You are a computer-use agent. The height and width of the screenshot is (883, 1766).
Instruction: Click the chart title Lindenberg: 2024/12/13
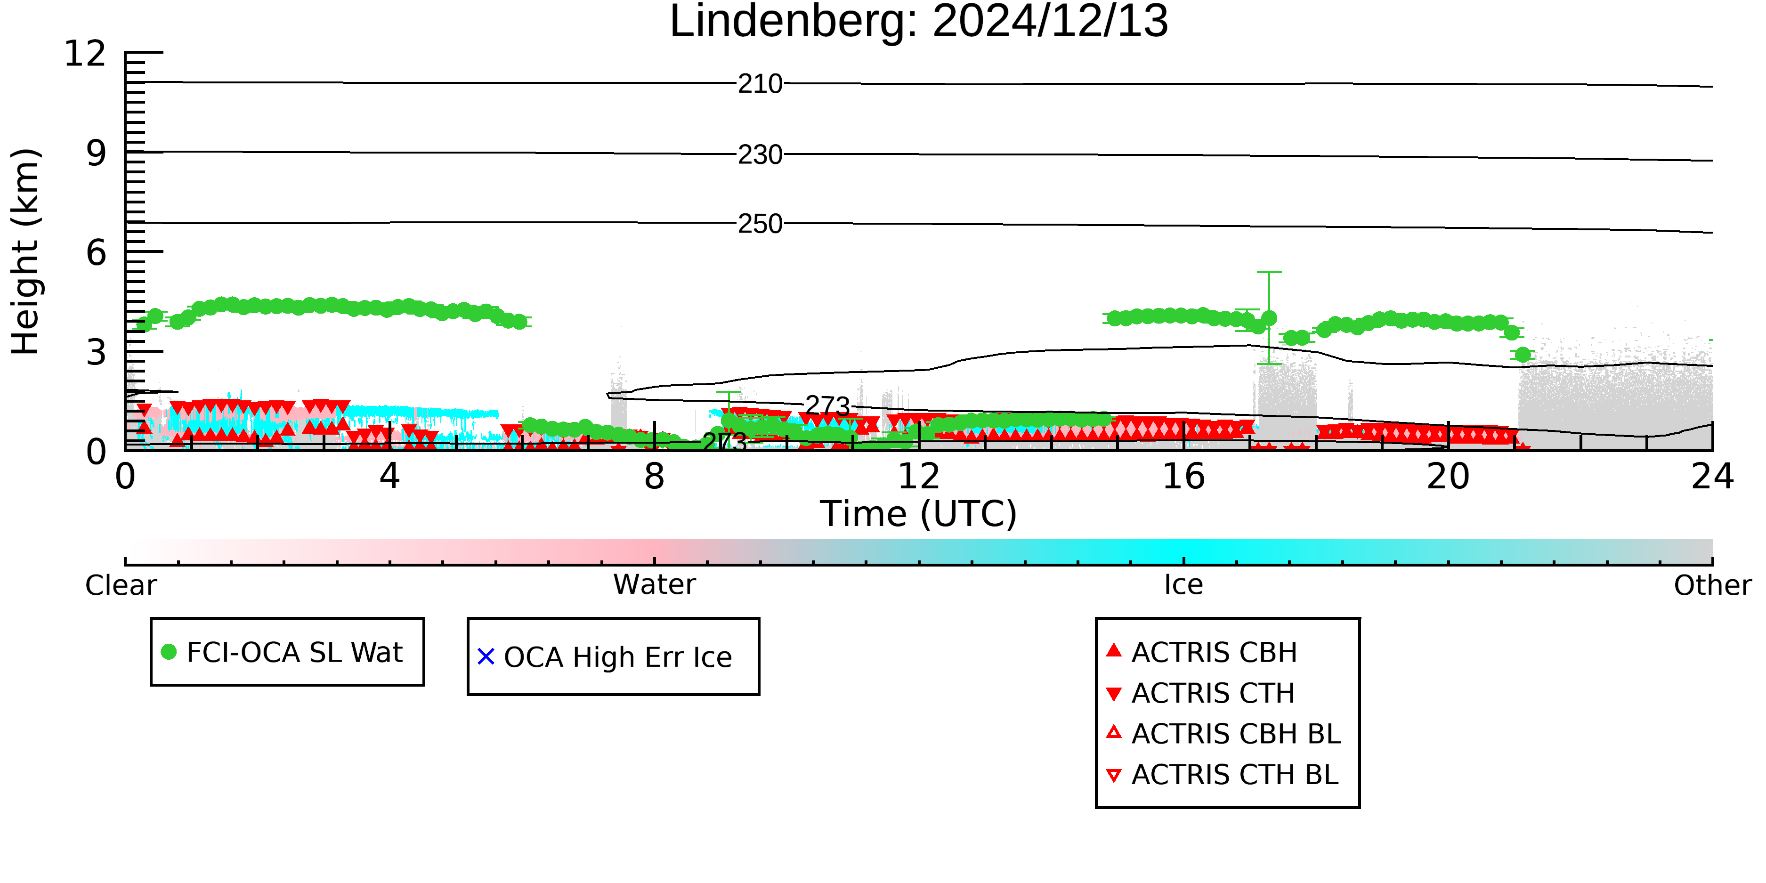tap(919, 22)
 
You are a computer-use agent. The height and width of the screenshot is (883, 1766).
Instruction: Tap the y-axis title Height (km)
tap(25, 251)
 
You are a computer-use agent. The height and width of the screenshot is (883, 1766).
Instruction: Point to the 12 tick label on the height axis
tap(85, 54)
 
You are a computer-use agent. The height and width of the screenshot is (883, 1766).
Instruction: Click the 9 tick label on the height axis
tap(96, 154)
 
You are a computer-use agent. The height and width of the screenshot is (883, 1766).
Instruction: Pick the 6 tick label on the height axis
tap(96, 253)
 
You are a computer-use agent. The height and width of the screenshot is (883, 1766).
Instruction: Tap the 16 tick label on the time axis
tap(1183, 477)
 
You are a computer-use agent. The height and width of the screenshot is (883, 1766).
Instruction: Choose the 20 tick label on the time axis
tap(1448, 477)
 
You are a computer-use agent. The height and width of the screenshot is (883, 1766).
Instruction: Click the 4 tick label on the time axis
tap(389, 477)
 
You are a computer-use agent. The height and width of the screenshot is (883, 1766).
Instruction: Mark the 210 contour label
tap(760, 84)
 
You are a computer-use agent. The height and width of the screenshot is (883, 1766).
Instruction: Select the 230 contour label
tap(760, 155)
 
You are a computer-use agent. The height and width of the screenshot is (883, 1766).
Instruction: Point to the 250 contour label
tap(760, 224)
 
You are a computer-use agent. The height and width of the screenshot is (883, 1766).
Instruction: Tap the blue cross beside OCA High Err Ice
tap(486, 657)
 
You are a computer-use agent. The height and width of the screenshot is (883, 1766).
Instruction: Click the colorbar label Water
tap(654, 585)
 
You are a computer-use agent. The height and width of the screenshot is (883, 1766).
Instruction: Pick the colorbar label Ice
tap(1183, 585)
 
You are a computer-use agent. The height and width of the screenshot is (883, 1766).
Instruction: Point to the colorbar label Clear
tap(121, 585)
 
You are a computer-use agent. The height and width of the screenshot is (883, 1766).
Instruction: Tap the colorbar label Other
tap(1712, 585)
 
